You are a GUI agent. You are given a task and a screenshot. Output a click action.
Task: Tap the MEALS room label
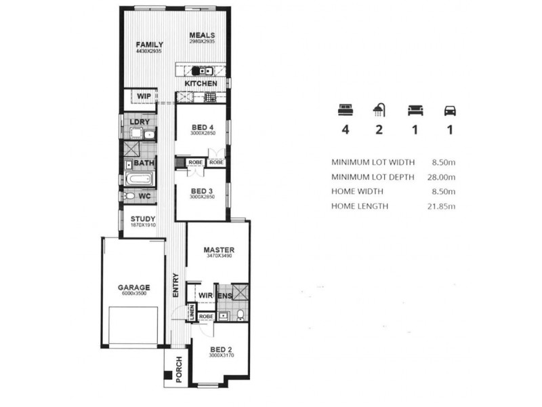[202, 35]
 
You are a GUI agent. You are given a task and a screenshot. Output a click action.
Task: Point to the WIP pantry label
[144, 96]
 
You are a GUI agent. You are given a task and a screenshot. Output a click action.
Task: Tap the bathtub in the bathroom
[139, 180]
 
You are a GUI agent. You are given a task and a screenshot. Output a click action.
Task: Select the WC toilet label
[144, 196]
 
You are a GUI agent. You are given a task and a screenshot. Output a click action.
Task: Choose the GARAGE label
[133, 287]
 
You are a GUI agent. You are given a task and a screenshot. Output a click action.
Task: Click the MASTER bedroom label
[219, 250]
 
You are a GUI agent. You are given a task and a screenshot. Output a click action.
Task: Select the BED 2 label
[221, 349]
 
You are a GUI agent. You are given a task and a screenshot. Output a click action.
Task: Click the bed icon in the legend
[346, 110]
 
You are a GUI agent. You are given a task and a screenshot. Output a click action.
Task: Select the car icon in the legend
[449, 110]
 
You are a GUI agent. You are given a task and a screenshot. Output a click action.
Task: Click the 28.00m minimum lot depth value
[441, 177]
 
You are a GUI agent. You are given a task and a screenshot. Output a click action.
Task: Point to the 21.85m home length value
[441, 206]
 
